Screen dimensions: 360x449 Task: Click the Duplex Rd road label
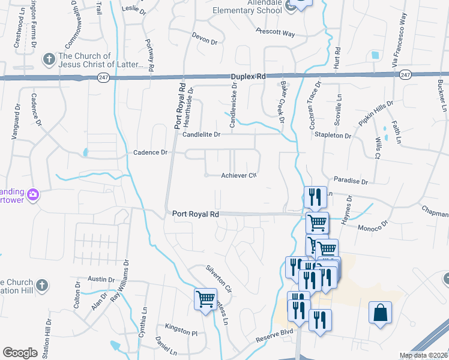[248, 77]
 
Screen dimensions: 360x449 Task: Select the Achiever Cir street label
[239, 175]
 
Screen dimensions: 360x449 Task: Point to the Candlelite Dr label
[202, 135]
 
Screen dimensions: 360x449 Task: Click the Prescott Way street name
[275, 32]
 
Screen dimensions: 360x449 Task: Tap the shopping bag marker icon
[381, 313]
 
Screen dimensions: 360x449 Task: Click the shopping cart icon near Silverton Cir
[205, 298]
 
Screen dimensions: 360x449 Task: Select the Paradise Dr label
[351, 181]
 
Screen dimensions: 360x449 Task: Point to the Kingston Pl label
[181, 332]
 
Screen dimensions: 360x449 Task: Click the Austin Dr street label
[101, 279]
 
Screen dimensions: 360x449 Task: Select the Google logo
[20, 353]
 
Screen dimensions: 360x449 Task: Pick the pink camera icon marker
[33, 194]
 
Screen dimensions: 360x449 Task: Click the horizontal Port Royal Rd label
[195, 214]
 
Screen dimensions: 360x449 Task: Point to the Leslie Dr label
[133, 8]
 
